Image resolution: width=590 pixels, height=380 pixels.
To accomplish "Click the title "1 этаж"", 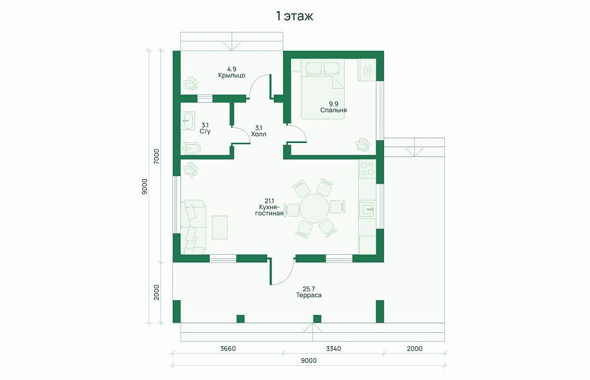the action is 294,16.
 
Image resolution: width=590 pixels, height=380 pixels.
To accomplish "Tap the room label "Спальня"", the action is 333,110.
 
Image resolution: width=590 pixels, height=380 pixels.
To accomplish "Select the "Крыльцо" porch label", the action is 232,76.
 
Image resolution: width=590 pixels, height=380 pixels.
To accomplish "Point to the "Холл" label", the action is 258,134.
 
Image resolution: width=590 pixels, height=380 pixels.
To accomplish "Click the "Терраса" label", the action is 309,295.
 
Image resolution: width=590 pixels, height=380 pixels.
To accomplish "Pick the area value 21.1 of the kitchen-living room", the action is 269,201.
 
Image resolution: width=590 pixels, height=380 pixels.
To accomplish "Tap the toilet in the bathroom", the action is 191,148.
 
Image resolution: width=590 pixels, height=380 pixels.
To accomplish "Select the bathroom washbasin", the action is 187,121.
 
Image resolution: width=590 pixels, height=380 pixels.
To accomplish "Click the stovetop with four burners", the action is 367,168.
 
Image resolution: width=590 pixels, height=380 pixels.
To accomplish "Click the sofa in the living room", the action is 193,226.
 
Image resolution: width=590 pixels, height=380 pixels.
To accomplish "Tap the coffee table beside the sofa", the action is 219,228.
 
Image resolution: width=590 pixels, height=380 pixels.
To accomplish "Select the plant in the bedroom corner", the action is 363,144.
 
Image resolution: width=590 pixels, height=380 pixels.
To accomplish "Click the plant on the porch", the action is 191,83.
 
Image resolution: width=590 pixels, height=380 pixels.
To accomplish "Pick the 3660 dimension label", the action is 228,349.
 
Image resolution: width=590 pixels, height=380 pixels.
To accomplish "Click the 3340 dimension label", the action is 333,349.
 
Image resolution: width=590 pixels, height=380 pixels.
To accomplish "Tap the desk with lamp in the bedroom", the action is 367,70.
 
